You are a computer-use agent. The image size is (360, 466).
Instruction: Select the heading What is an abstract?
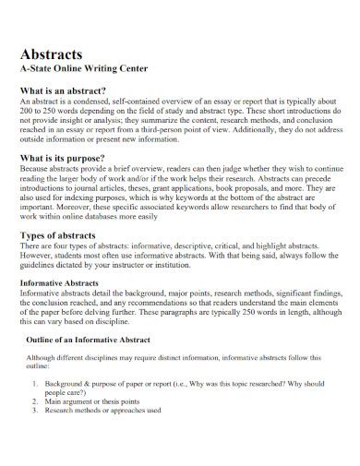point(75,91)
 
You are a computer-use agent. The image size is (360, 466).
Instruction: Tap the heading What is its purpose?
point(73,159)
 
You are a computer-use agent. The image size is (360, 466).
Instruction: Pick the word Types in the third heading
point(36,237)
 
